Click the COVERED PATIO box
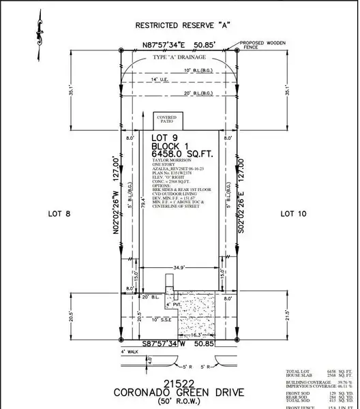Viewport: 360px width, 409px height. tap(166, 120)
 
